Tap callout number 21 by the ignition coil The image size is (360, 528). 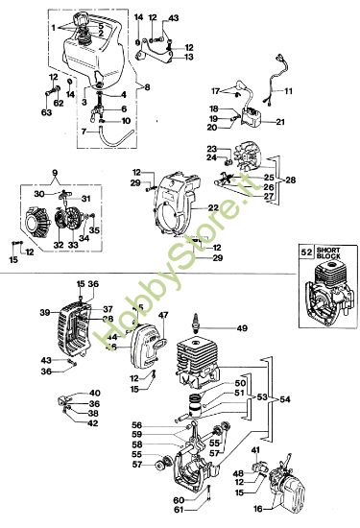pos(280,122)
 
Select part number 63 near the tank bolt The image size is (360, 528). pos(45,111)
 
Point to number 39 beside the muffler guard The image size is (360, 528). pos(44,313)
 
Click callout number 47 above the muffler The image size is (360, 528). pos(163,314)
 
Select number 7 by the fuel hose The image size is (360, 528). pos(84,130)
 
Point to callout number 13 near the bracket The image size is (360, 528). pos(189,58)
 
